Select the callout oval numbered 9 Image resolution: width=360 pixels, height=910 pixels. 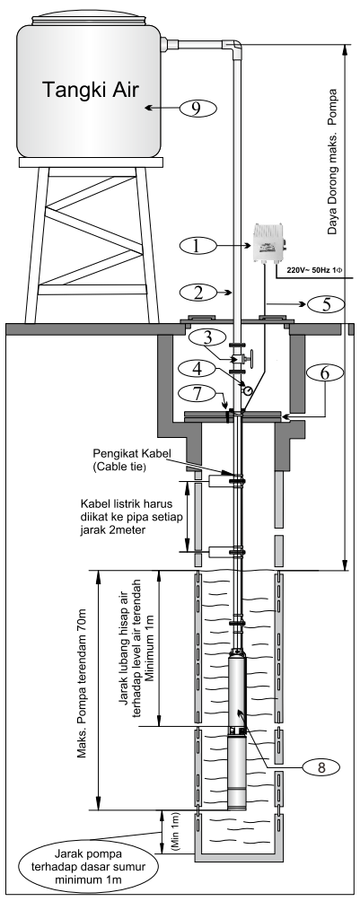tap(200, 109)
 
